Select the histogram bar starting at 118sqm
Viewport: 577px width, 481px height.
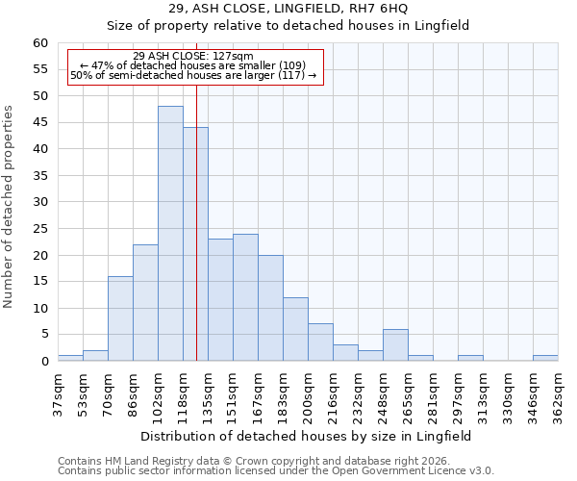pos(195,244)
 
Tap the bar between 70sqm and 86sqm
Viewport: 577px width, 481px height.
pos(120,318)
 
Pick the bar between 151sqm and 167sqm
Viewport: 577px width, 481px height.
pos(245,297)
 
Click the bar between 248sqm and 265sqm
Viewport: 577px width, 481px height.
pos(395,344)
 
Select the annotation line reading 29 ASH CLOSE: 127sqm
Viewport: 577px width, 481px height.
pos(193,56)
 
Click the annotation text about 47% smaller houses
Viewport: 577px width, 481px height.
pos(193,65)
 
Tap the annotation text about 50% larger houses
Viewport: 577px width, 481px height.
pos(193,75)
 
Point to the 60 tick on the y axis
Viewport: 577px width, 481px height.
pos(39,43)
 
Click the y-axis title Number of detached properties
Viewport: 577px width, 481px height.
pos(10,207)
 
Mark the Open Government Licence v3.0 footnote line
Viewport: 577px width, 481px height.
pos(276,471)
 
